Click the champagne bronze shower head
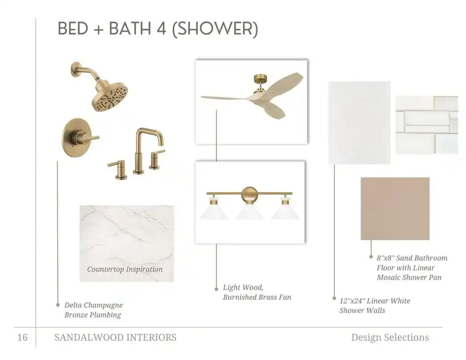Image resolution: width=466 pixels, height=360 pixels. coord(110,96)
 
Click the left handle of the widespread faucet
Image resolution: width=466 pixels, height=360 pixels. coord(119,170)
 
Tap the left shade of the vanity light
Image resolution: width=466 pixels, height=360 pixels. coord(214,210)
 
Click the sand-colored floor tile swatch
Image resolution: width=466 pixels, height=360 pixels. coord(395,209)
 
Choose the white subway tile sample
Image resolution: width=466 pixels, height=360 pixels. coord(427,125)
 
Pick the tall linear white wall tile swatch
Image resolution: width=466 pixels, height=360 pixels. coord(359,122)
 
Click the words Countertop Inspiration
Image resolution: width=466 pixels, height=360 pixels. coord(125,270)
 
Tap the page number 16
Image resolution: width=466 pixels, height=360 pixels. coord(23,337)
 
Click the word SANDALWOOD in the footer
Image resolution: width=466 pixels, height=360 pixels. coord(89,337)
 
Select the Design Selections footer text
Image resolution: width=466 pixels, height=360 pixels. coord(390,337)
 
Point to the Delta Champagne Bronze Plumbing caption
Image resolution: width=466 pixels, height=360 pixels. coord(93,310)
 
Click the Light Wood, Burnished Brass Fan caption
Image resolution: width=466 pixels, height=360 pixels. coord(257,292)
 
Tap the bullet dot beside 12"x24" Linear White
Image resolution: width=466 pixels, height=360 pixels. coord(334,298)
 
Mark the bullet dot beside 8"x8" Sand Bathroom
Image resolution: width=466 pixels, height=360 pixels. coord(371,256)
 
